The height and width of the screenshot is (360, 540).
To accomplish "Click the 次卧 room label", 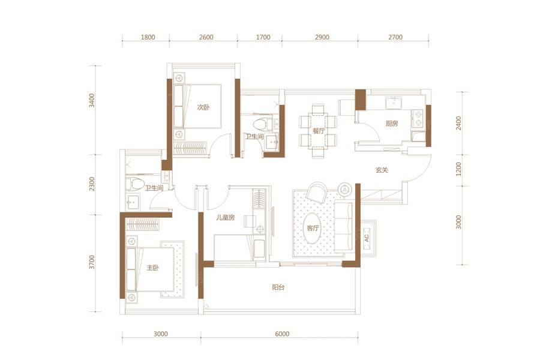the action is coord(203,107).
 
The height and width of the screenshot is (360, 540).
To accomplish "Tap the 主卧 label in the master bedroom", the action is coord(153,268).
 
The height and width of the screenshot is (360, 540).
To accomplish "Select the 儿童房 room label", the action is coord(226,217).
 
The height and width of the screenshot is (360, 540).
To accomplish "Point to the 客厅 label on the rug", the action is coord(313,228).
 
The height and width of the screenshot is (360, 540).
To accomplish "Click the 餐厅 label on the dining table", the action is coord(319,131).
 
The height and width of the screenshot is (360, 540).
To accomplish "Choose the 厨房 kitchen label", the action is coord(392,124).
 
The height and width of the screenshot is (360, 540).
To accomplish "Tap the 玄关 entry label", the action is coord(382,170).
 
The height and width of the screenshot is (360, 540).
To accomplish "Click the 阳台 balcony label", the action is coord(278,287).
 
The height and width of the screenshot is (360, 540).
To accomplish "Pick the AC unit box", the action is coord(367,238).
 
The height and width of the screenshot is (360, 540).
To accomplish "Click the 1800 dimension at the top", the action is coord(148,37).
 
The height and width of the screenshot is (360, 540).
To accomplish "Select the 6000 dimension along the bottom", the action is coord(282,334).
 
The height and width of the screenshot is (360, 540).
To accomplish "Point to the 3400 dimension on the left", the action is coord(92,100).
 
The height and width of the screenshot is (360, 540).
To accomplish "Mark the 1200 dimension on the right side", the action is coord(458,169).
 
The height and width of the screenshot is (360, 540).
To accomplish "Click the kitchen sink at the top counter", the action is coord(393,103).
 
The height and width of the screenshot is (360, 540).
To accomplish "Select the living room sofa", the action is coord(343,228).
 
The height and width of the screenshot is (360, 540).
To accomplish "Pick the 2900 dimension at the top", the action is coord(322,37).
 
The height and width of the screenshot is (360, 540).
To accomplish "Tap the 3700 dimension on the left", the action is coord(92,263).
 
